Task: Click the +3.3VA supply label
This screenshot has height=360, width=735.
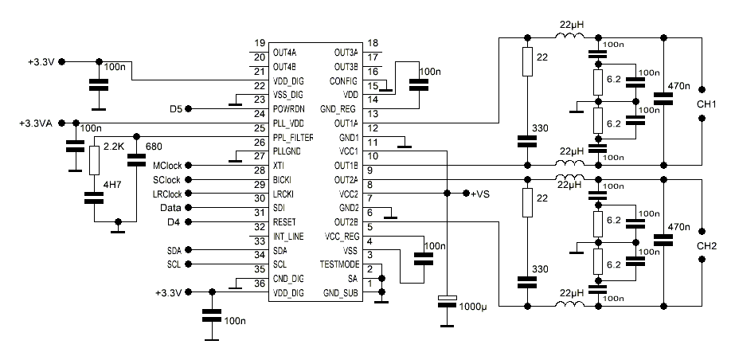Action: click(35, 123)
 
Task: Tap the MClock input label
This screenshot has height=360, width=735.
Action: click(167, 165)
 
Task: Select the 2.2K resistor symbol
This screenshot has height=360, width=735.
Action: click(95, 161)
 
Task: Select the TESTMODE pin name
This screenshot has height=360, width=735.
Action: click(339, 264)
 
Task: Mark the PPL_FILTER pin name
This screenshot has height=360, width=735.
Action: click(294, 138)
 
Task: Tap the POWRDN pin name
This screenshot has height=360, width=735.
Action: click(290, 109)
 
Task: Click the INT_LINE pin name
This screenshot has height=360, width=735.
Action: click(288, 236)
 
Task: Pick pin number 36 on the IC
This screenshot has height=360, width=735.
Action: click(259, 284)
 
